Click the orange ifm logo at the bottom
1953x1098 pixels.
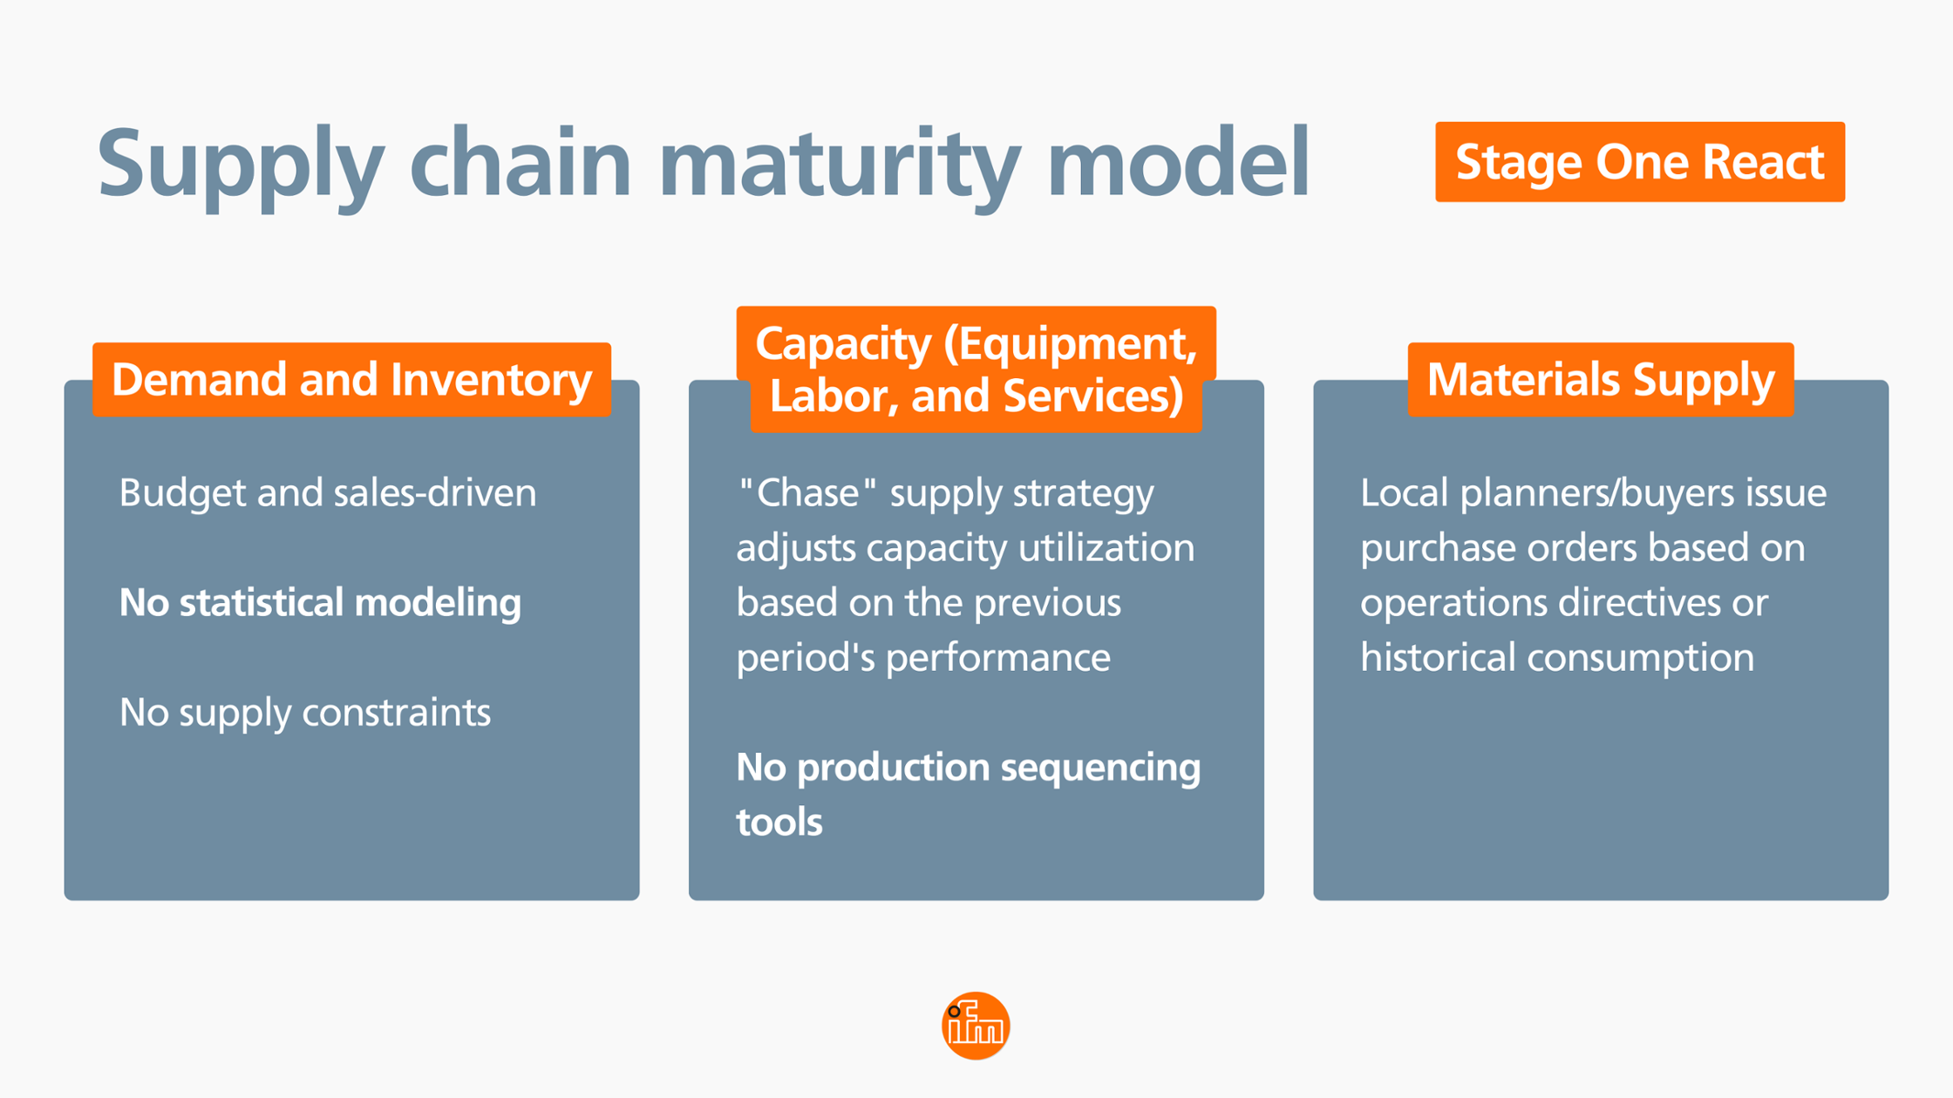click(x=976, y=1026)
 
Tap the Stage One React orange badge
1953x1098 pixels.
click(x=1639, y=162)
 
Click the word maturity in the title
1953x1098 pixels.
click(x=839, y=164)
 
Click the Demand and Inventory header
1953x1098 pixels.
click(x=351, y=380)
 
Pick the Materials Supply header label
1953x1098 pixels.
click(x=1600, y=380)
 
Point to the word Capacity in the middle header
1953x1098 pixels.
click(x=843, y=343)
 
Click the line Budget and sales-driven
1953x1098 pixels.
click(x=328, y=493)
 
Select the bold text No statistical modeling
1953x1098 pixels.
click(x=320, y=603)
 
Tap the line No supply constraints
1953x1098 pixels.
click(x=305, y=713)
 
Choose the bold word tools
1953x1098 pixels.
click(x=779, y=823)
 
